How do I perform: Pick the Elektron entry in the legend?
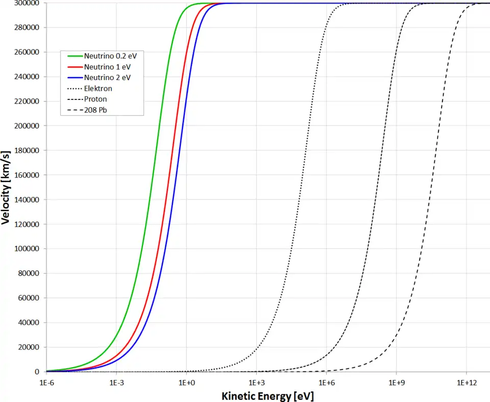click(x=98, y=88)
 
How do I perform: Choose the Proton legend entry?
click(x=95, y=99)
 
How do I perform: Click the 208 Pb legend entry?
click(x=95, y=110)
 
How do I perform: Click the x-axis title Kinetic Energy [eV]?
click(x=268, y=395)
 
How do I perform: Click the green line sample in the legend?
click(x=75, y=56)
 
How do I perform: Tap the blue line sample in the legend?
click(x=75, y=78)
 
